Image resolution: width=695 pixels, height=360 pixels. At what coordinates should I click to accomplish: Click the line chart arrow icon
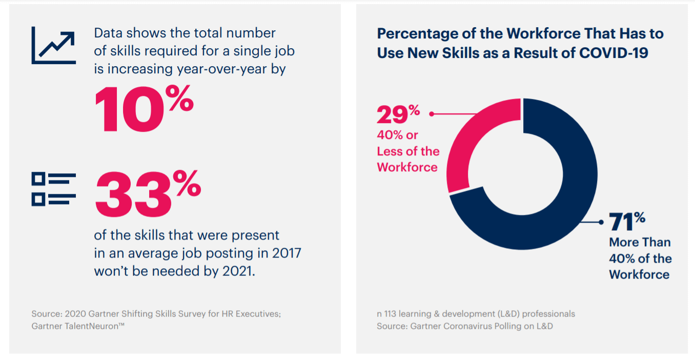pyautogui.click(x=53, y=46)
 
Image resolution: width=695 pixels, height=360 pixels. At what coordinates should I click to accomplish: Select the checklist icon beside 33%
pyautogui.click(x=53, y=189)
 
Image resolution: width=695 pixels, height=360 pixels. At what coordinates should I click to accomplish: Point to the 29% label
pyautogui.click(x=398, y=115)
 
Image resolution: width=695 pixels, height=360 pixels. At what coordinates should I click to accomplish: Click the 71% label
pyautogui.click(x=627, y=223)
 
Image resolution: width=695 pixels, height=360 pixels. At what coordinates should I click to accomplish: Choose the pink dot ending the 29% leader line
pyautogui.click(x=432, y=114)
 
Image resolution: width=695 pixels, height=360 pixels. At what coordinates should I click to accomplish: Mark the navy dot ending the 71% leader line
pyautogui.click(x=601, y=222)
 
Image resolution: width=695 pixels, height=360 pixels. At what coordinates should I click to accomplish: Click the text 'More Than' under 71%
pyautogui.click(x=639, y=242)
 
